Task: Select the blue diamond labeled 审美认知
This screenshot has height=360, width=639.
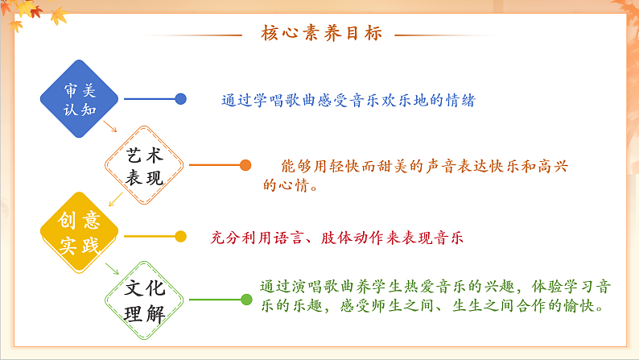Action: pyautogui.click(x=79, y=98)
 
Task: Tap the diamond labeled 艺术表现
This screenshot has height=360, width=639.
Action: pyautogui.click(x=145, y=166)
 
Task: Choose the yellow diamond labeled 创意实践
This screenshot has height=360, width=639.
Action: pyautogui.click(x=79, y=234)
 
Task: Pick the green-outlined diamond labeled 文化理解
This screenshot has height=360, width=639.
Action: pyautogui.click(x=145, y=300)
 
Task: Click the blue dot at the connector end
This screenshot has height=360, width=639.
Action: pyautogui.click(x=181, y=99)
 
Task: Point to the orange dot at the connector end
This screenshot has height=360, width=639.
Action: pyautogui.click(x=245, y=166)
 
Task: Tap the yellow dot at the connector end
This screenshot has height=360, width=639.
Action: pyautogui.click(x=181, y=237)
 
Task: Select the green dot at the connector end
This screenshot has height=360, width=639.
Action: pyautogui.click(x=246, y=300)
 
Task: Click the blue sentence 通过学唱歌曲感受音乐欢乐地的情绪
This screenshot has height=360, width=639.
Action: pyautogui.click(x=348, y=101)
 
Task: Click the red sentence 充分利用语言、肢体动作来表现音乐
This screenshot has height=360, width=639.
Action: pyautogui.click(x=336, y=238)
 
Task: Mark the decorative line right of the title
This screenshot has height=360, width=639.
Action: pyautogui.click(x=439, y=35)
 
